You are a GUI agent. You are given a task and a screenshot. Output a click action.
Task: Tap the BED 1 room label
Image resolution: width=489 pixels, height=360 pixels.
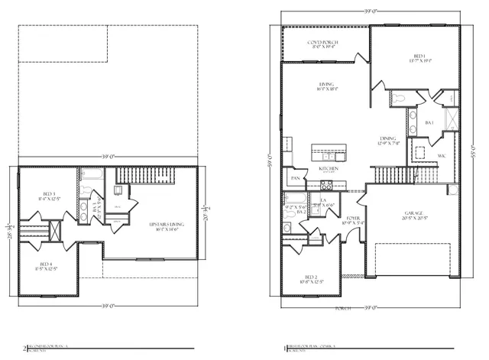pyautogui.click(x=419, y=56)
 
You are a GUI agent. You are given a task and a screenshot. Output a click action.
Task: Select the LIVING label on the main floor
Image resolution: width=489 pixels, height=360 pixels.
pyautogui.click(x=328, y=85)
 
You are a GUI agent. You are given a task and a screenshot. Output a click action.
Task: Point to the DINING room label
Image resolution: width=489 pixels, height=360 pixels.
pyautogui.click(x=387, y=138)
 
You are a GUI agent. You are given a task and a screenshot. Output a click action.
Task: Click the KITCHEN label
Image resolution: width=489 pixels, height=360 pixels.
pyautogui.click(x=329, y=167)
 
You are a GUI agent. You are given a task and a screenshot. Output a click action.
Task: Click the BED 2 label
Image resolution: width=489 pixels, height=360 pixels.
pyautogui.click(x=310, y=277)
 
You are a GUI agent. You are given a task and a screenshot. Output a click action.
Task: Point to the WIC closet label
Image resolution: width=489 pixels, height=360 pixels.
pyautogui.click(x=442, y=157)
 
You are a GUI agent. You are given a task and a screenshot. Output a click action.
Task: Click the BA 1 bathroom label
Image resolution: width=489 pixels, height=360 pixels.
pyautogui.click(x=429, y=122)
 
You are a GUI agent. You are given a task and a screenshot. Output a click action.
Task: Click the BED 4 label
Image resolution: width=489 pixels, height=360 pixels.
pyautogui.click(x=49, y=264)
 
